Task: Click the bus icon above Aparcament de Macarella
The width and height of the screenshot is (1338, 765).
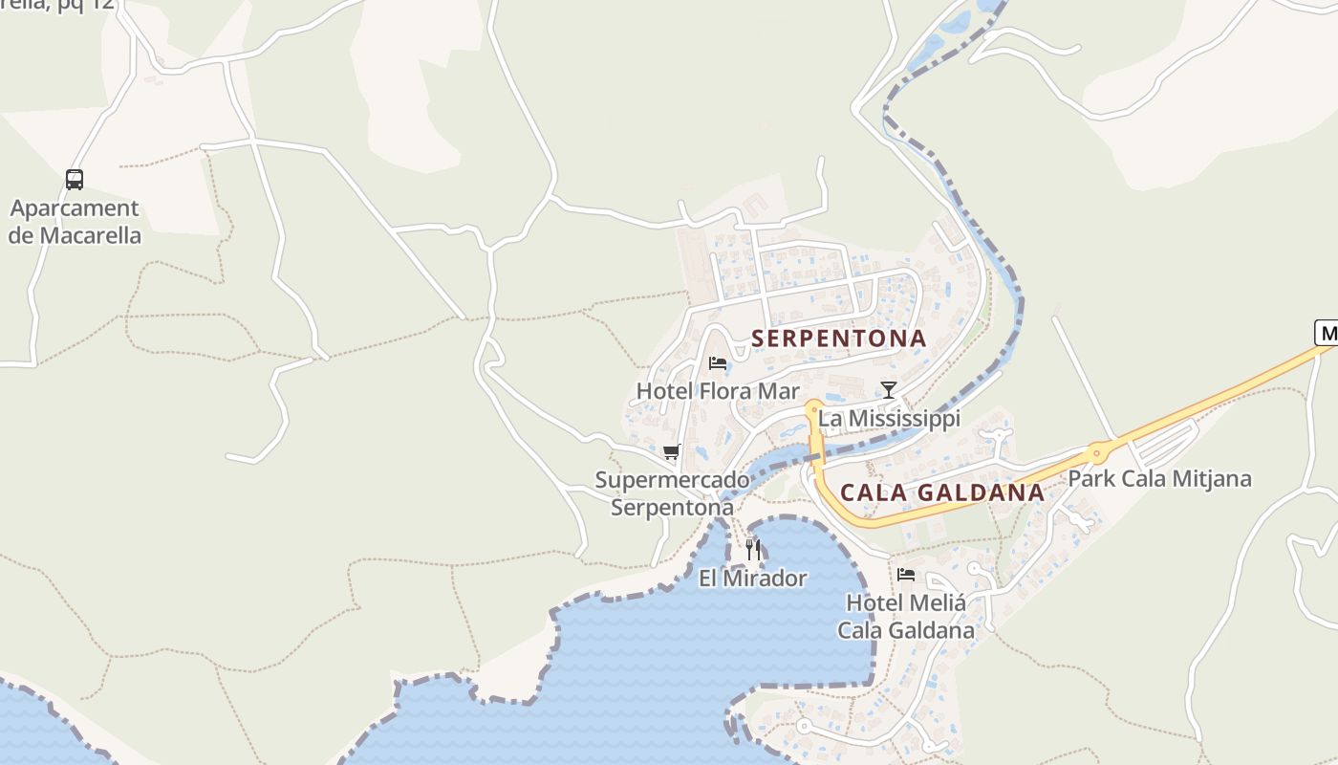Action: [x=75, y=179]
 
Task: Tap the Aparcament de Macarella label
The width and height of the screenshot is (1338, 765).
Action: [x=75, y=222]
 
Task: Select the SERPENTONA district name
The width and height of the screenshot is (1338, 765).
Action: [x=838, y=339]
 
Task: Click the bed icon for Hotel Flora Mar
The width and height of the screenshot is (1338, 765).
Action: [x=718, y=363]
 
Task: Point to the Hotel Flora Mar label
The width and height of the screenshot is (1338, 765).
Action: [x=718, y=391]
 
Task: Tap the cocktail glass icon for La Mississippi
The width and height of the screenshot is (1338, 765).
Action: [x=889, y=389]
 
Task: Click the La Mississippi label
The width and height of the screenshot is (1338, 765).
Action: [x=889, y=419]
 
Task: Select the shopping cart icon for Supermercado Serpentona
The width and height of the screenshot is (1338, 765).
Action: [x=672, y=451]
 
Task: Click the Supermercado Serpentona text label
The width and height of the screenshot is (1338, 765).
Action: [x=672, y=493]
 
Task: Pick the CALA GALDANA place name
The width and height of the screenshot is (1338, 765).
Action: [x=941, y=493]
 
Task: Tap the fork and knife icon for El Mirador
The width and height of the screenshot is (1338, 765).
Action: [x=753, y=549]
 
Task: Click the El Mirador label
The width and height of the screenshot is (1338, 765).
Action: [x=753, y=579]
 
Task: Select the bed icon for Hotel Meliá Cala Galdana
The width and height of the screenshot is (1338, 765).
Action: [x=906, y=575]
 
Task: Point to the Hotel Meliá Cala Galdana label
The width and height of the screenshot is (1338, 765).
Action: [x=906, y=617]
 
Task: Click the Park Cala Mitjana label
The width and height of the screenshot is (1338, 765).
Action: [x=1159, y=479]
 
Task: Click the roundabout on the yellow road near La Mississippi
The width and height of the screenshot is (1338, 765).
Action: [x=813, y=408]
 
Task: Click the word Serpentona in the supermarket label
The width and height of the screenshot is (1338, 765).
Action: [x=672, y=508]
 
